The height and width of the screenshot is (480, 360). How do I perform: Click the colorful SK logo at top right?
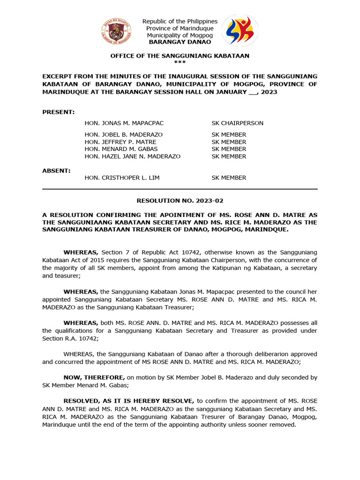coord(240,30)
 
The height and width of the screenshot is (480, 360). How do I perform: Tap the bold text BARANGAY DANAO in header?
coord(180,42)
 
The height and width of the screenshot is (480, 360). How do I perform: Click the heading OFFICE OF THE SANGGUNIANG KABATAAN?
coord(180,56)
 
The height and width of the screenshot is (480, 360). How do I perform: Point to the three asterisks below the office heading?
coord(180,62)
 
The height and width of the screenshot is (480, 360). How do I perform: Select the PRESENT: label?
coord(59,112)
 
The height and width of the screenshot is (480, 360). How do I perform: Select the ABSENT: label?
coord(57,171)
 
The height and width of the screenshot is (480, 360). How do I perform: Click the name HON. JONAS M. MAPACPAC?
coord(124,123)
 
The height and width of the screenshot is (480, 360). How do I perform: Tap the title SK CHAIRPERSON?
coord(237,123)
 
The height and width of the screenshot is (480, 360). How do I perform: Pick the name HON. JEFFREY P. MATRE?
coord(120,142)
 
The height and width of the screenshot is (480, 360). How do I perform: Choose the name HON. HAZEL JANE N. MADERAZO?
coord(133,156)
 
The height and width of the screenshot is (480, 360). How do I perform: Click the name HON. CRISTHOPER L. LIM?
coord(122,178)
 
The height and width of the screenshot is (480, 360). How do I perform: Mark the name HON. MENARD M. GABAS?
coord(121,149)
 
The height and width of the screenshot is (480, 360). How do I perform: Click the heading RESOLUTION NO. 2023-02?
coord(180,201)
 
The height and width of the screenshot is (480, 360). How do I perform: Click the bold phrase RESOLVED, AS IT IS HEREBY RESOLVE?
coord(129,401)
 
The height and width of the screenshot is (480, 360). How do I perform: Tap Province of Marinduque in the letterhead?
coord(180,29)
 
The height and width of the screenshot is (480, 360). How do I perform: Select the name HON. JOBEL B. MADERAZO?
coord(124,135)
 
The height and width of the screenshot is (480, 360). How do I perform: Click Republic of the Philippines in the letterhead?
coord(180,22)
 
